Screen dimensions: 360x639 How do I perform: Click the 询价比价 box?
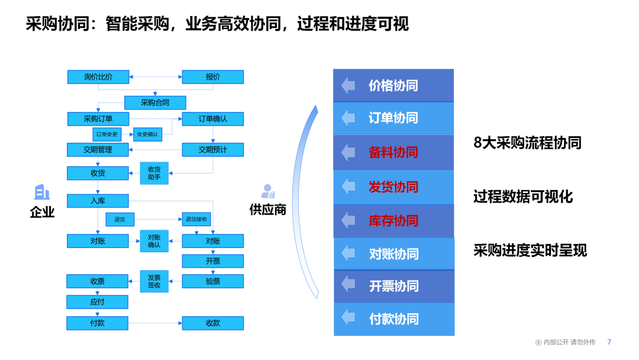(98, 77)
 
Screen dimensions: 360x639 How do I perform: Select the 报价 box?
(212, 77)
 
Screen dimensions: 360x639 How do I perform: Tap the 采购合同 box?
(155, 102)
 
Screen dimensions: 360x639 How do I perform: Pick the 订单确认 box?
(212, 119)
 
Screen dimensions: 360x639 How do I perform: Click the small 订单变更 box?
(107, 134)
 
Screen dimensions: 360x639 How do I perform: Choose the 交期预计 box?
(212, 150)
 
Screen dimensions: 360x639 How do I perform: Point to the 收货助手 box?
(154, 173)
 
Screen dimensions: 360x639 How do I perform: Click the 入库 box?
(98, 201)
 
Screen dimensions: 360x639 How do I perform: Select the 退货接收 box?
(196, 220)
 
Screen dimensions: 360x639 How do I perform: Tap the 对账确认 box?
(154, 241)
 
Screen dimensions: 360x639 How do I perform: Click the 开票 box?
(212, 261)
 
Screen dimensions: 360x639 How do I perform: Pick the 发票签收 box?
(154, 281)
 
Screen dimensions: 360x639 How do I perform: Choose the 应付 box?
(98, 302)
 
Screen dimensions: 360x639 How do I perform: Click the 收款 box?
(212, 323)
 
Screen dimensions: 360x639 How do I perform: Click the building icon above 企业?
(42, 192)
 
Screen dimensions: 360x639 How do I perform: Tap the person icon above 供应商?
(268, 191)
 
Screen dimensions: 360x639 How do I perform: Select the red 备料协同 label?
(393, 152)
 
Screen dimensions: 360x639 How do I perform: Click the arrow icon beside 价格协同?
(348, 85)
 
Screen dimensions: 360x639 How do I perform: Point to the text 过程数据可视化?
(523, 197)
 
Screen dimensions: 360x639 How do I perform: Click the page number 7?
(609, 342)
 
